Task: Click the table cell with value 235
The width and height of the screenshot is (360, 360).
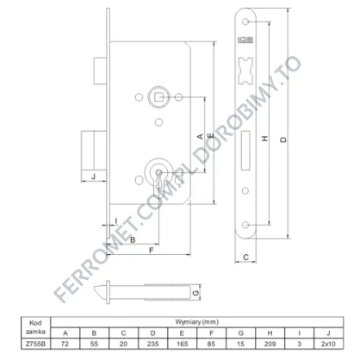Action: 152,344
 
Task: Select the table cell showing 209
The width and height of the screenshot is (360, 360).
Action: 270,344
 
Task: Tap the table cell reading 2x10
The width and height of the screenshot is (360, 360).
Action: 328,344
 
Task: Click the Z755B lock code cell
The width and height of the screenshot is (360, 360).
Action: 35,344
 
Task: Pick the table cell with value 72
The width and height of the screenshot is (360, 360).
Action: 65,344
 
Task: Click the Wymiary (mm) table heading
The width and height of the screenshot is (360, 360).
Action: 197,322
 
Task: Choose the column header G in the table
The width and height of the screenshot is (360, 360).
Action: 240,333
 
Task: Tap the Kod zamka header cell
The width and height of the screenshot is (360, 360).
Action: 35,327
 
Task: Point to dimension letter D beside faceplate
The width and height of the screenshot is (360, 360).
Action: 283,140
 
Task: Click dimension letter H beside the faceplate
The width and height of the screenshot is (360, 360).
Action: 265,139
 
